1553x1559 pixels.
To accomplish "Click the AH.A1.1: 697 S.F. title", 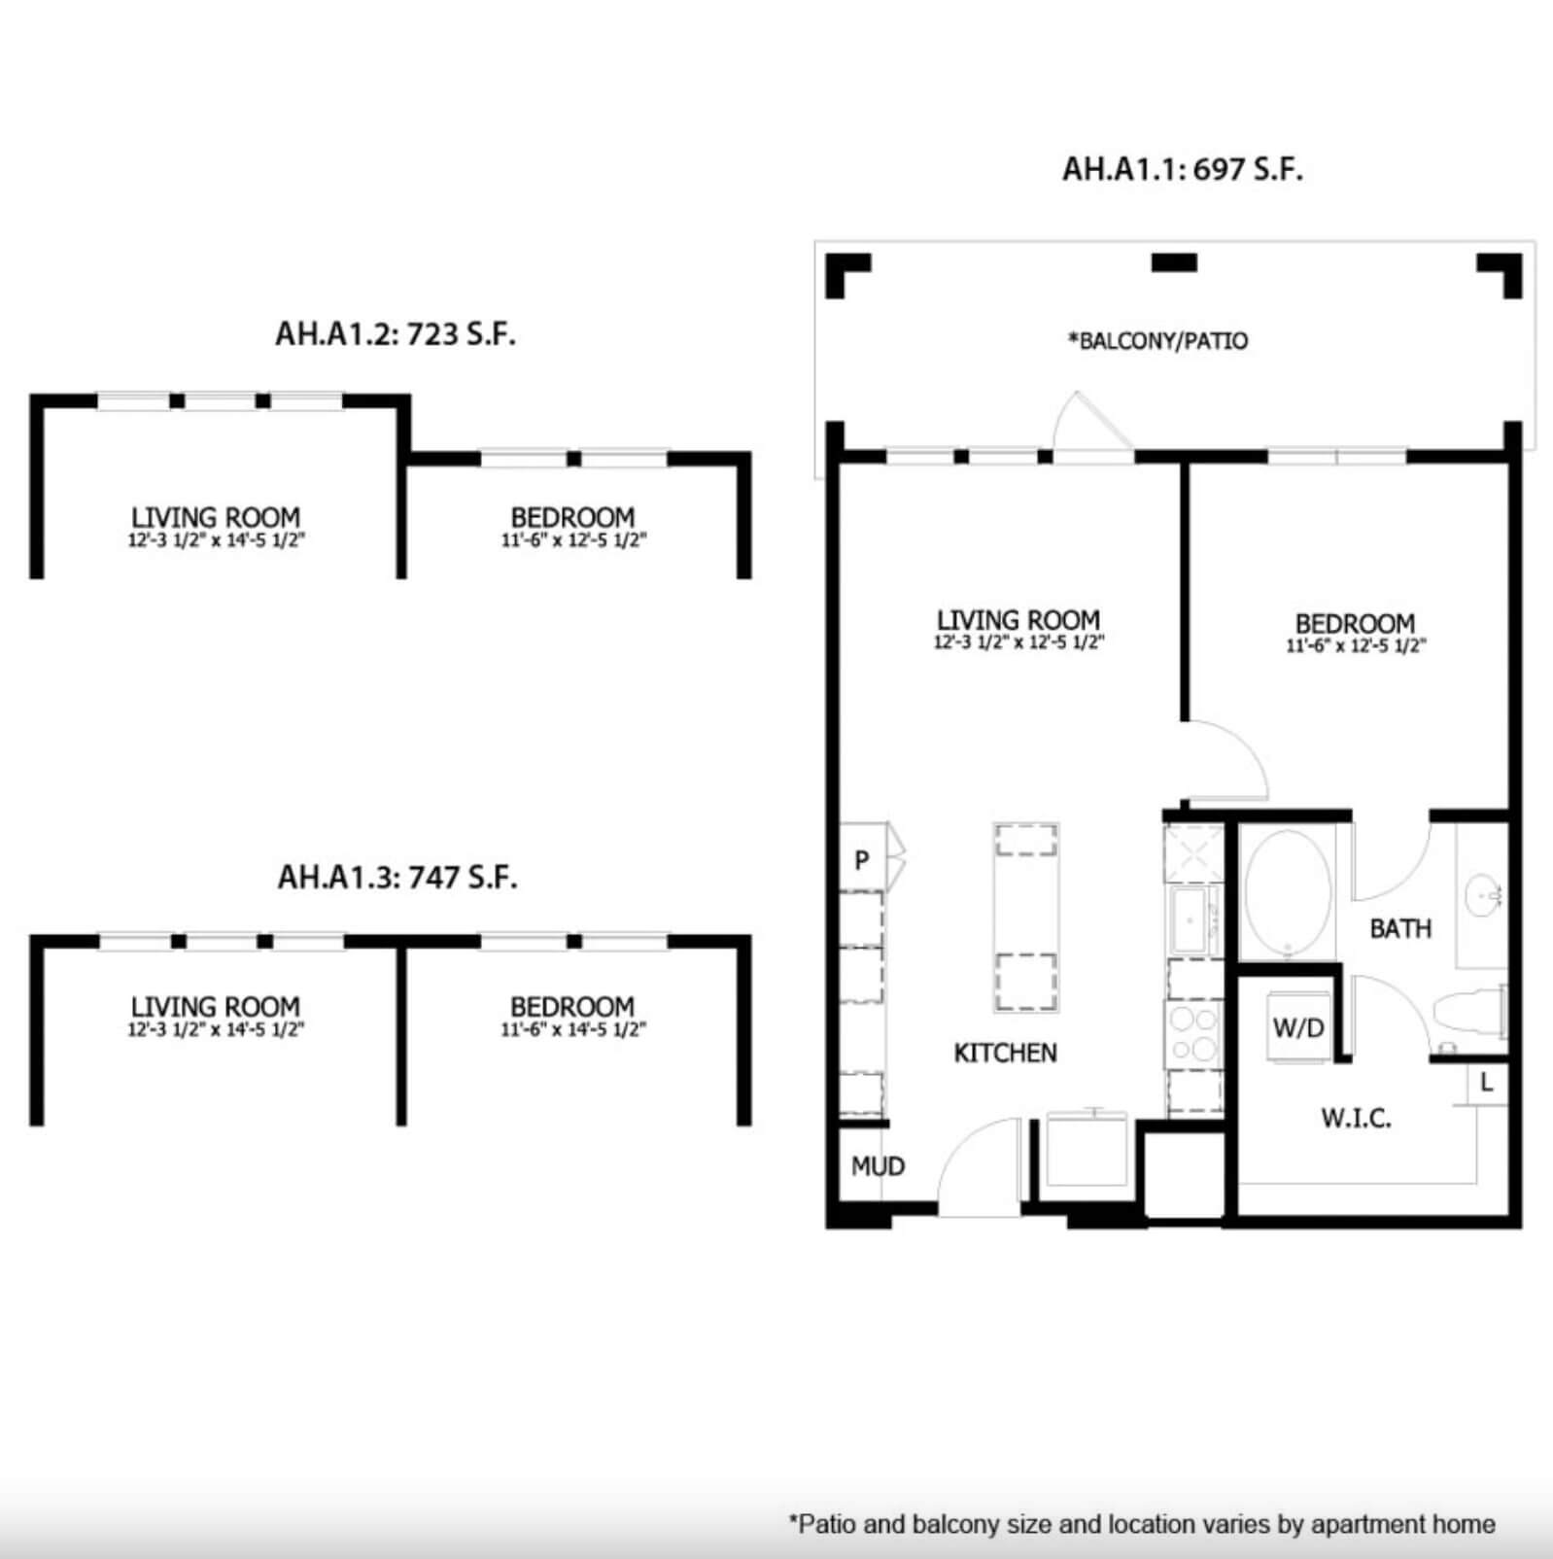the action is pyautogui.click(x=1182, y=169).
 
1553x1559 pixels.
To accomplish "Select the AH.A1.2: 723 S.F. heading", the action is pyautogui.click(x=396, y=334).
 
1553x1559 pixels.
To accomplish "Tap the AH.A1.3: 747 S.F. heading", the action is pyautogui.click(x=397, y=878).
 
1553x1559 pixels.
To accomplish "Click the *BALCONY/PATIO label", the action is pyautogui.click(x=1157, y=341).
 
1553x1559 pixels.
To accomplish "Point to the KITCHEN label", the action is pyautogui.click(x=1005, y=1053).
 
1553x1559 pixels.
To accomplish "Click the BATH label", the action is pyautogui.click(x=1400, y=929).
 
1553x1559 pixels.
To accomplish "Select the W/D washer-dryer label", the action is pyautogui.click(x=1298, y=1028).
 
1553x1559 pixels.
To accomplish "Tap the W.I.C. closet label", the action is pyautogui.click(x=1356, y=1118).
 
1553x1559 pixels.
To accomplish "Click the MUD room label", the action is pyautogui.click(x=878, y=1166).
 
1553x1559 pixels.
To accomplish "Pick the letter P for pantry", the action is pyautogui.click(x=861, y=860).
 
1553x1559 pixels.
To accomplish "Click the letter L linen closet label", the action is pyautogui.click(x=1486, y=1083).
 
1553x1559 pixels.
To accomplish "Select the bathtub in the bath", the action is pyautogui.click(x=1288, y=892).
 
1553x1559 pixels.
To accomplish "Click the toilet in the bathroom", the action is pyautogui.click(x=1469, y=1012).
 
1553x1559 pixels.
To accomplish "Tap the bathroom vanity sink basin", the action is pyautogui.click(x=1484, y=892).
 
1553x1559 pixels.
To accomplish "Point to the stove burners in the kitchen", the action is pyautogui.click(x=1193, y=1034).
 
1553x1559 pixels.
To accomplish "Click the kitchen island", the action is pyautogui.click(x=1026, y=918).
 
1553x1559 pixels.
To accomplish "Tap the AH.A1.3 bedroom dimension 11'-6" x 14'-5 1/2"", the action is pyautogui.click(x=573, y=1029).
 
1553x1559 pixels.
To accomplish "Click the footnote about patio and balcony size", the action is pyautogui.click(x=1142, y=1524).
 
